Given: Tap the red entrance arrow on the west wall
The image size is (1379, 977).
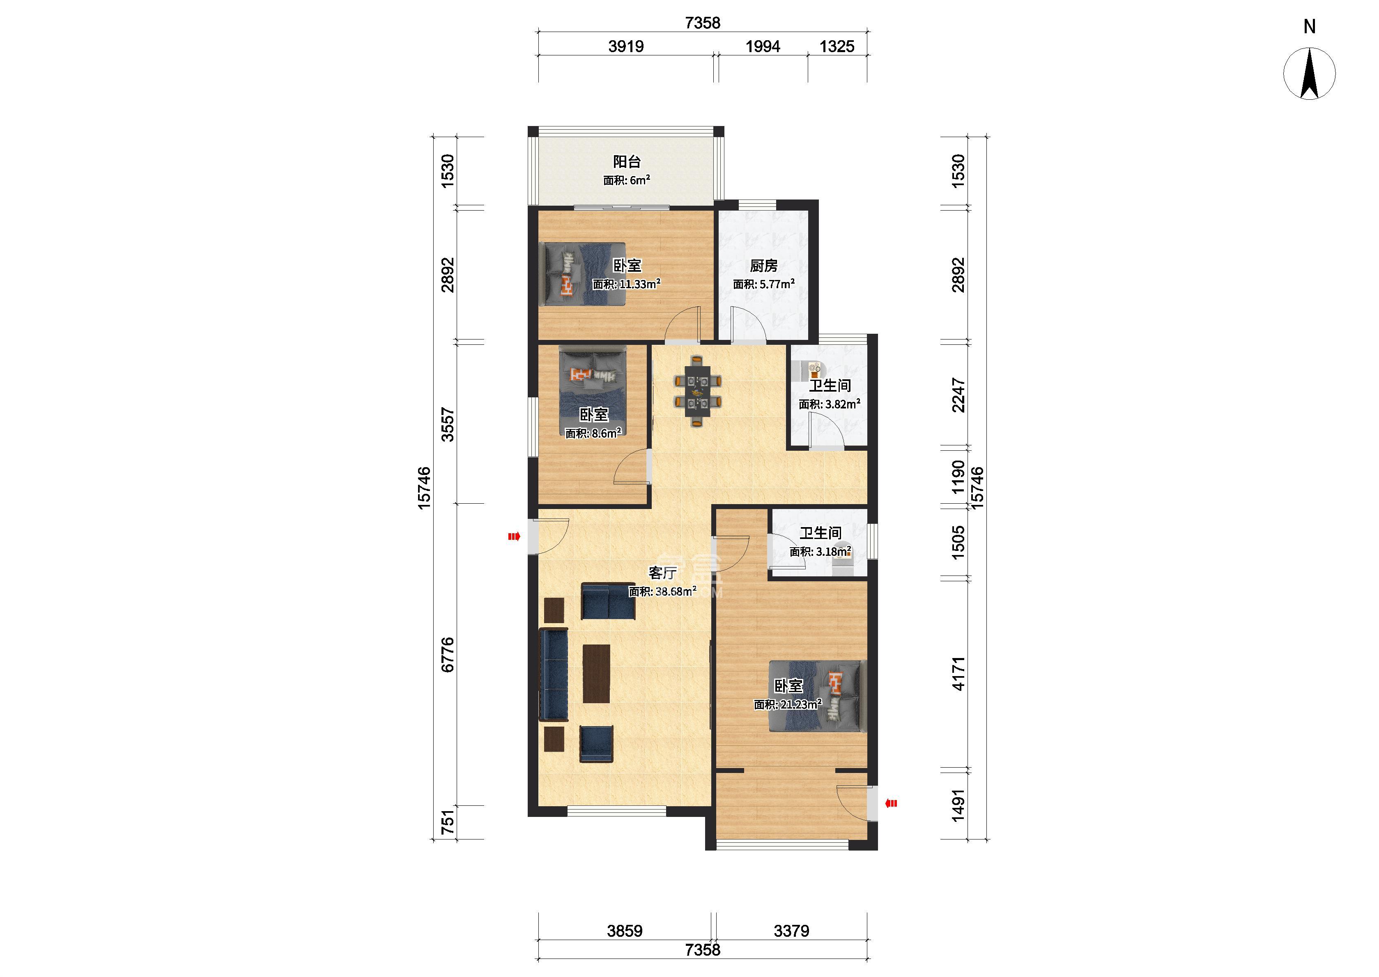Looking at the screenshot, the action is click(514, 537).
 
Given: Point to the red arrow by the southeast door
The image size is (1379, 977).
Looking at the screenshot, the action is click(891, 803).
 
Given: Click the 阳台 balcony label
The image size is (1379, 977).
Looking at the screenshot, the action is click(627, 161).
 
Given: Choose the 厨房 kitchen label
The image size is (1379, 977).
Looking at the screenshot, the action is click(763, 265).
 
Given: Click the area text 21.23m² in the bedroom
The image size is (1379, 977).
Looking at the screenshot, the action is click(802, 704).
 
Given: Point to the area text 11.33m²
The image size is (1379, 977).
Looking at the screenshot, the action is click(640, 284).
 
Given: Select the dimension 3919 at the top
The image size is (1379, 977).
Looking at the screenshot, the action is click(626, 46).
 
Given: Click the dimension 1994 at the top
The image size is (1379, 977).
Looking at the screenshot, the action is click(763, 46).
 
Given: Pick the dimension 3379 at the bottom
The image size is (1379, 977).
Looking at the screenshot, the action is click(791, 931).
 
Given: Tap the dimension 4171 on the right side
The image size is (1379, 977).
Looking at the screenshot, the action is click(958, 673).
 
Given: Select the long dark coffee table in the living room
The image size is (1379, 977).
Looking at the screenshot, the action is click(175, 674).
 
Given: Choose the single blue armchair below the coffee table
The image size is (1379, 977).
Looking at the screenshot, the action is click(175, 744).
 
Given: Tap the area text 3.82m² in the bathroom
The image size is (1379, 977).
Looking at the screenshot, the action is click(842, 404).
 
